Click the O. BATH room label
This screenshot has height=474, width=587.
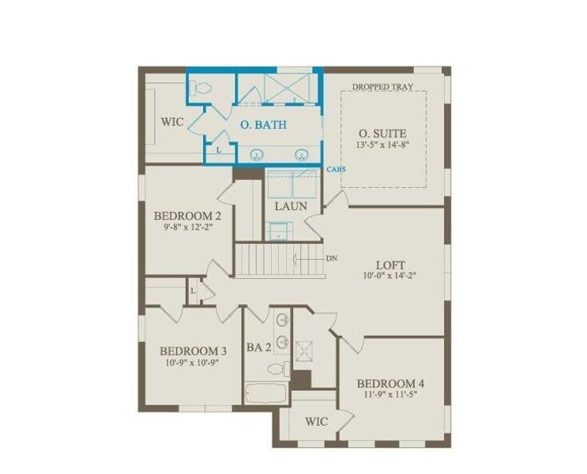pos(263,125)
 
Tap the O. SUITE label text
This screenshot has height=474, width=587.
pos(383,134)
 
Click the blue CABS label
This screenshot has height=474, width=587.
pos(336,169)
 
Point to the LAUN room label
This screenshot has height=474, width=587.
pos(291,206)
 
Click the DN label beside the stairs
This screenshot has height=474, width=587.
pos(332,258)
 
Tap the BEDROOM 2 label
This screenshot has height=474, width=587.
pos(186,216)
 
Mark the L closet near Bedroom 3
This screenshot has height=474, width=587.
pos(194,290)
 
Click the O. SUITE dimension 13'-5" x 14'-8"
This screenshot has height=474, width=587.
pos(383,145)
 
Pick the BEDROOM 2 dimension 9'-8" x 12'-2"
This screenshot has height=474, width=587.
pos(186,228)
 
